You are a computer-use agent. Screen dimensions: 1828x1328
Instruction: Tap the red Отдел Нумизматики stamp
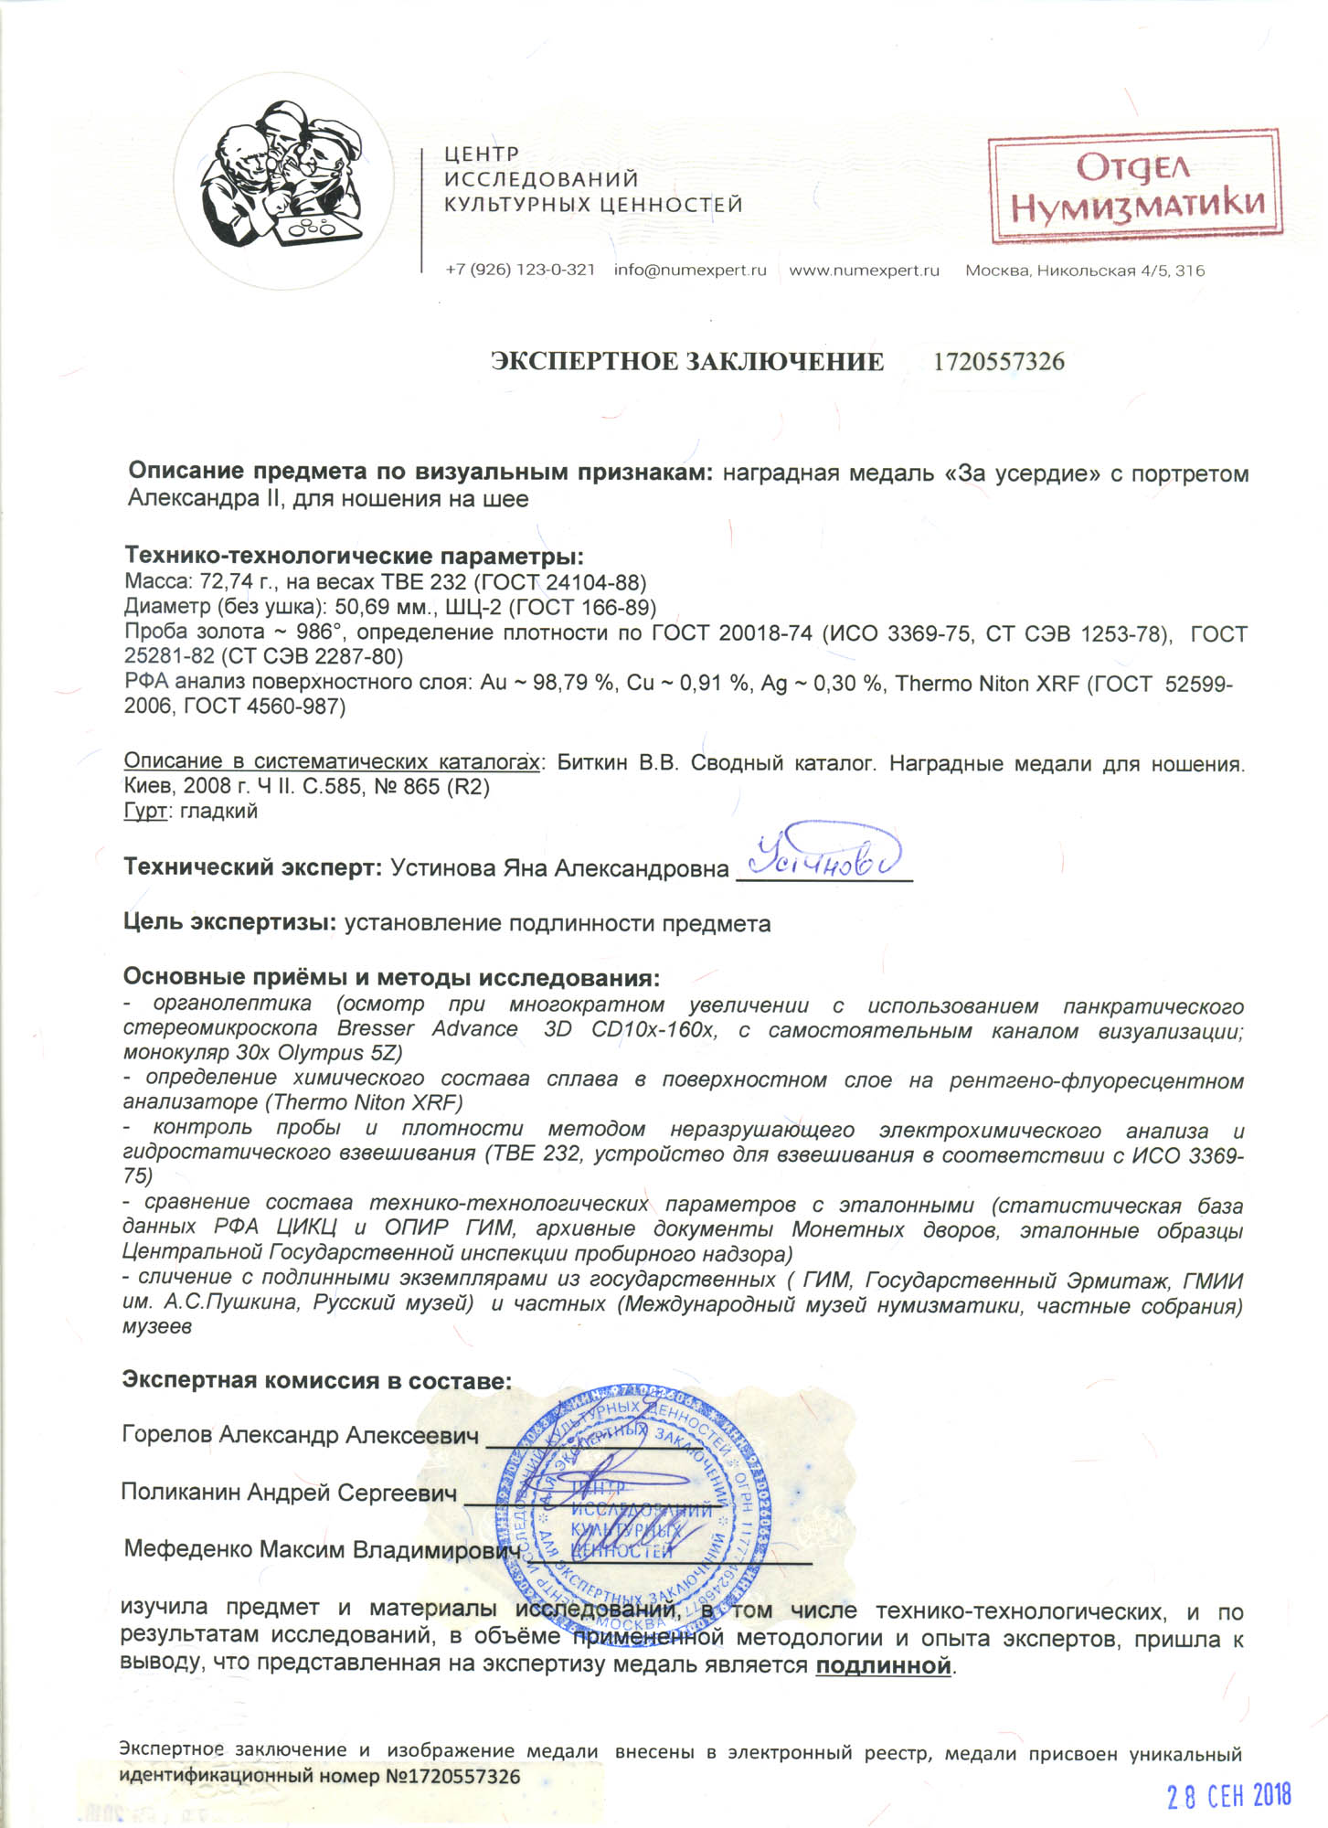coord(1135,188)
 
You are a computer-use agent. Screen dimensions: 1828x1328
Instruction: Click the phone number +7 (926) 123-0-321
coord(520,271)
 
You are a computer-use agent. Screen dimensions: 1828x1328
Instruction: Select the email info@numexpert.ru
coord(690,271)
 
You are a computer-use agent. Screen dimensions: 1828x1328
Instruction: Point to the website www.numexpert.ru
coord(864,271)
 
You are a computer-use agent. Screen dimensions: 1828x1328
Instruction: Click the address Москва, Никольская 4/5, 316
coord(1085,271)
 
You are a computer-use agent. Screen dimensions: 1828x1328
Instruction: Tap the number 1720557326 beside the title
coord(998,362)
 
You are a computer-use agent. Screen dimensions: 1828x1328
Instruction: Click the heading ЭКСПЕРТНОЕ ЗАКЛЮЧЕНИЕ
coord(687,362)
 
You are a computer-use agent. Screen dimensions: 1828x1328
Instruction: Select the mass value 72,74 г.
coord(225,583)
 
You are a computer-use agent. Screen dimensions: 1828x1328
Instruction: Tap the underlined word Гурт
coord(145,811)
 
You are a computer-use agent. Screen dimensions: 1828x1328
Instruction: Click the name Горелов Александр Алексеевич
coord(300,1435)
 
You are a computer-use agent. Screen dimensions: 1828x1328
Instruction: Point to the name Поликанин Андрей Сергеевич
coord(289,1493)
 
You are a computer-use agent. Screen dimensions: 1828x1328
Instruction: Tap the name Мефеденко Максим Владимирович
coord(322,1550)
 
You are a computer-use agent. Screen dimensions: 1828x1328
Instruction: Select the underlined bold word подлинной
coord(883,1665)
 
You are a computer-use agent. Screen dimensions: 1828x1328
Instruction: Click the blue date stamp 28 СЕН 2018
coord(1227,1796)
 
